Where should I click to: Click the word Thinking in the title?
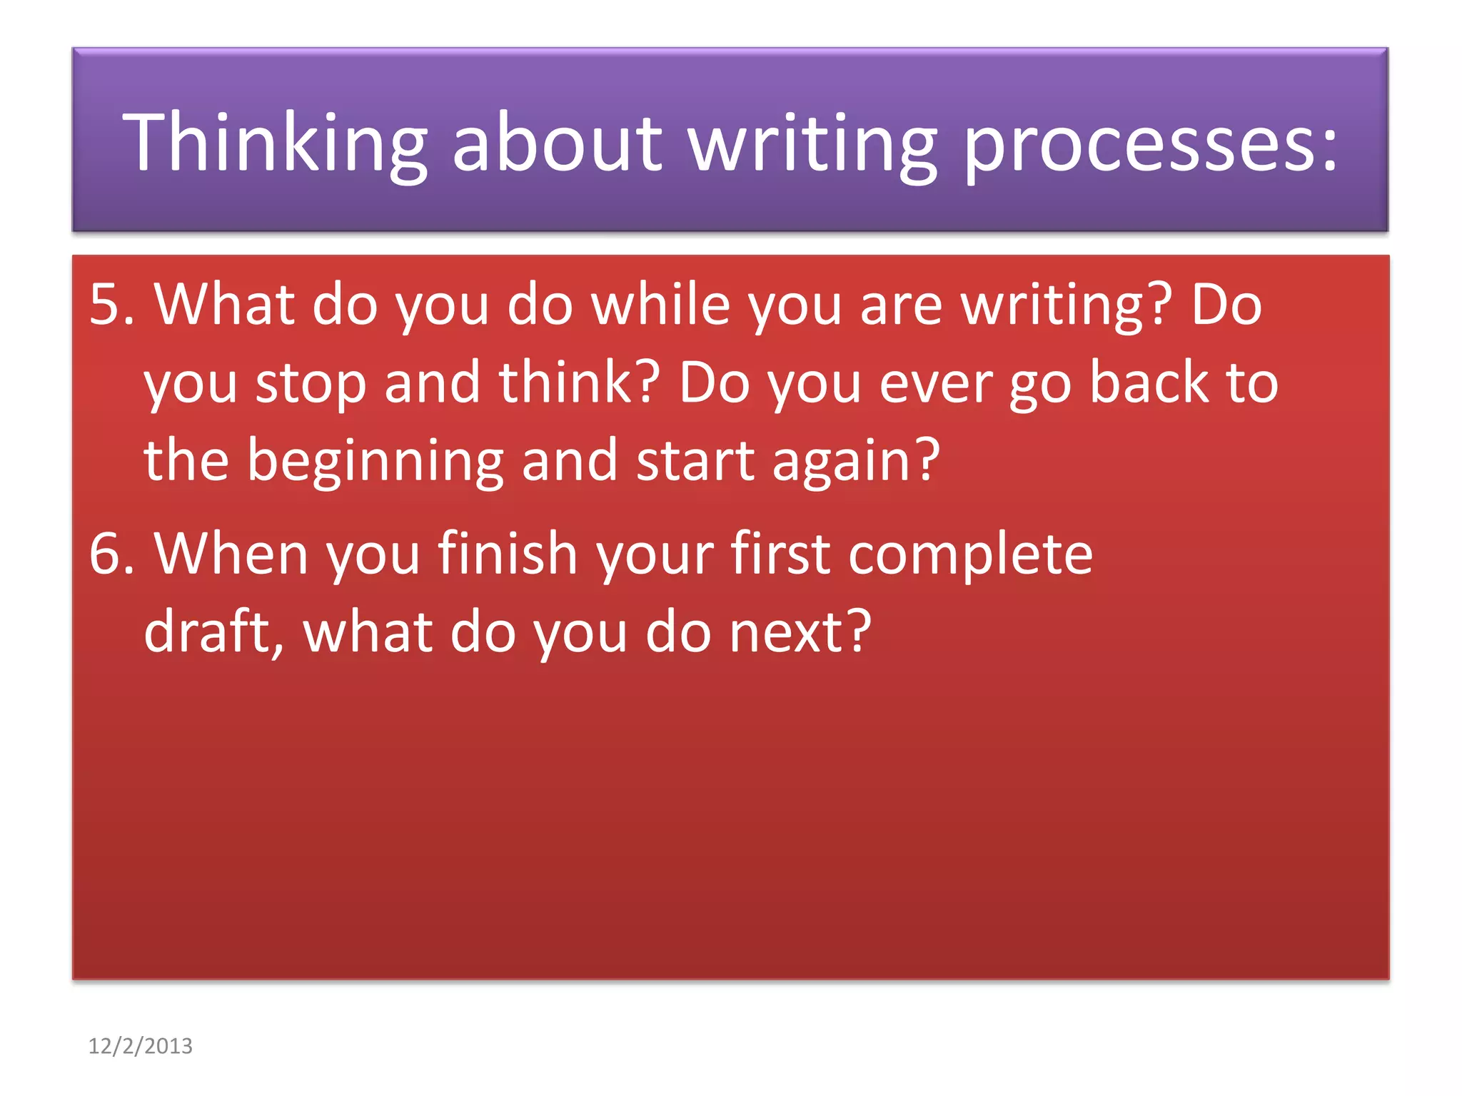275,143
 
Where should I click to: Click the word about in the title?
557,143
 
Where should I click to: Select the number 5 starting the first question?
104,305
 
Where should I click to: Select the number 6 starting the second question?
104,554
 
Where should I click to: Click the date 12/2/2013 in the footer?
140,1046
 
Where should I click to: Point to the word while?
660,305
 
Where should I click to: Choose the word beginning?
375,462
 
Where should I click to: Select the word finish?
508,554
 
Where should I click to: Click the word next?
800,632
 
